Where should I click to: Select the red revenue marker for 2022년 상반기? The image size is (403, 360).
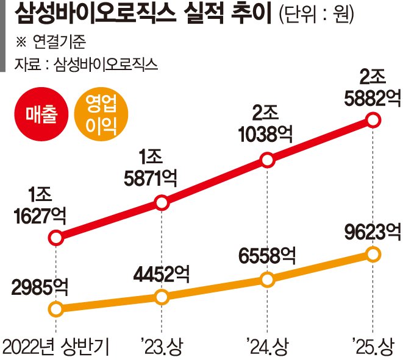coord(55,238)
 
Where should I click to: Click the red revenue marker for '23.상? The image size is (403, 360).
coord(162,203)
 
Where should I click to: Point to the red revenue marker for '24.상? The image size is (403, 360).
coord(267,161)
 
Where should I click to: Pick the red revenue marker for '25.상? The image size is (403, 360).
coord(373,120)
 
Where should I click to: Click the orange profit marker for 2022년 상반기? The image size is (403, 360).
coord(55,309)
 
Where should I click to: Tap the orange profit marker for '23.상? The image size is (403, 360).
coord(162,297)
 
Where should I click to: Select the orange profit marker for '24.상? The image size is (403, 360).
coord(267,280)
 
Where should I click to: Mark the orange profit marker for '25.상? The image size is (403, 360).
coord(373,253)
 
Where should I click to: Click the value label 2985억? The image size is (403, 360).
coord(36,285)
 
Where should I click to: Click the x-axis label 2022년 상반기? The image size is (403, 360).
coord(56,347)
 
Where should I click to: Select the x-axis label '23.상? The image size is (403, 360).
coord(162,347)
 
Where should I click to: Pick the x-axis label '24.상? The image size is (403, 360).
coord(267,347)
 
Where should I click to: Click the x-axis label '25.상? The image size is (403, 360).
coord(372,347)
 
